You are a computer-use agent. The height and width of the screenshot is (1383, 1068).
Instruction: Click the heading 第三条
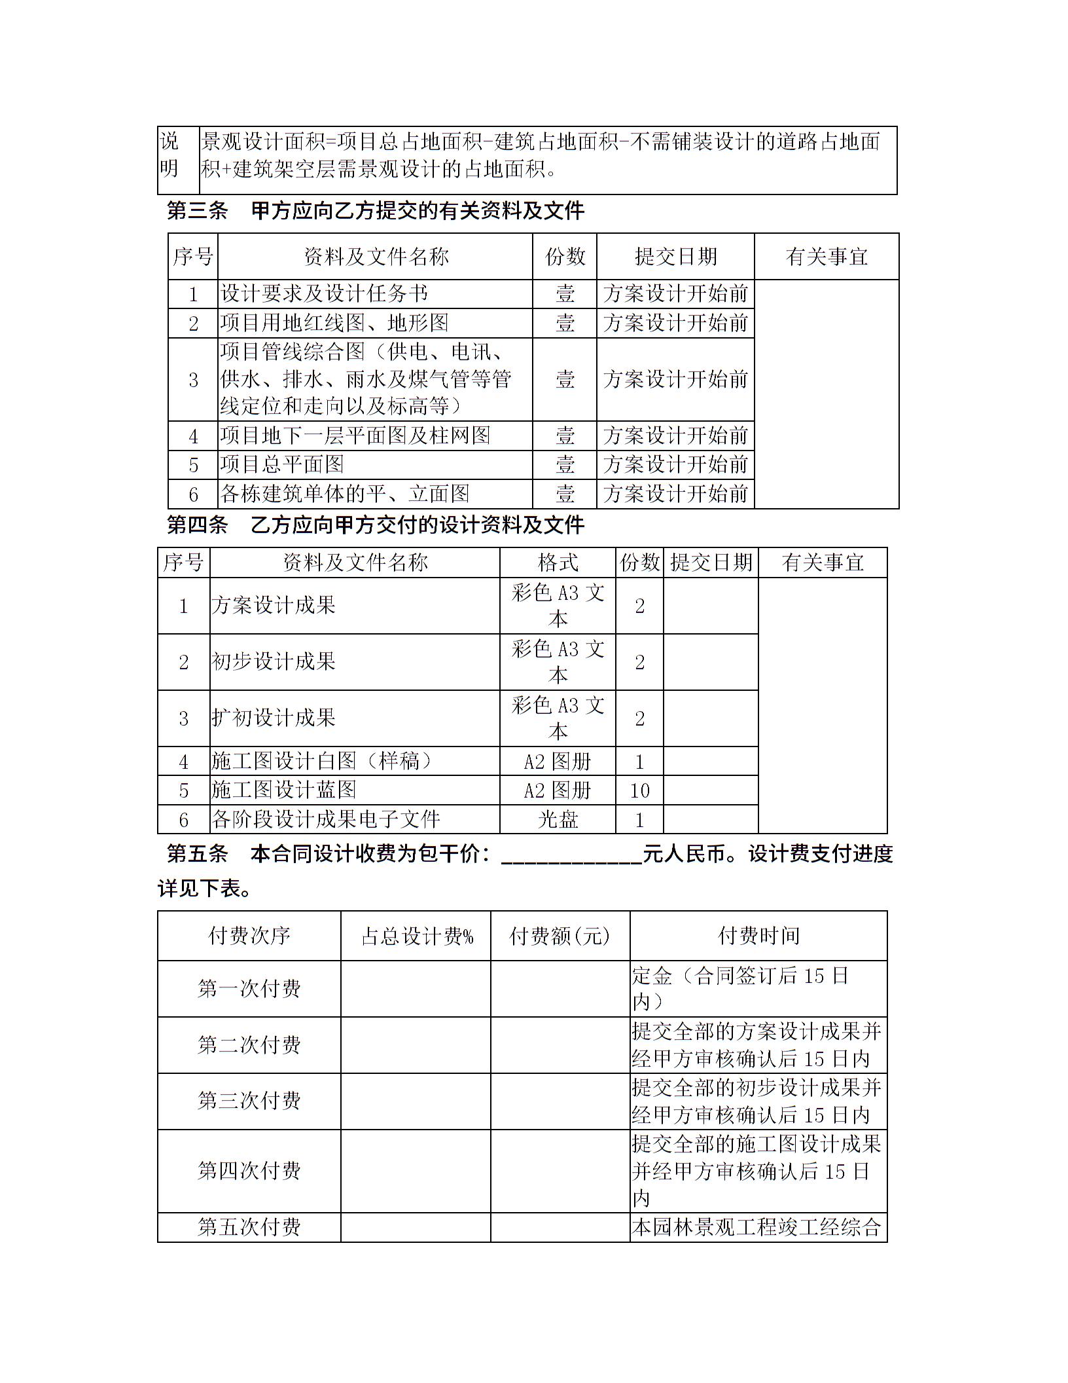(197, 211)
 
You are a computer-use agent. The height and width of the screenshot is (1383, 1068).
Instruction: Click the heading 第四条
(197, 525)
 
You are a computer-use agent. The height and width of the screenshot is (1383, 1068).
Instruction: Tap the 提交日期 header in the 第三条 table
(675, 257)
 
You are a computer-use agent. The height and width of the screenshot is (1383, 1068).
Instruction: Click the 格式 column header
(558, 562)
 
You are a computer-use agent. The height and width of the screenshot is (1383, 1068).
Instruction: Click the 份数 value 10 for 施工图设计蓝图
(639, 790)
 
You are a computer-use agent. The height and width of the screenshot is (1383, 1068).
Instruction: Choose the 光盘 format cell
(558, 819)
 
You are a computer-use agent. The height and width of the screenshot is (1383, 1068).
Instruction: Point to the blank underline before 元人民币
(571, 855)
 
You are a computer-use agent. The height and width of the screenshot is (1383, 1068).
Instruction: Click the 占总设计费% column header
(416, 936)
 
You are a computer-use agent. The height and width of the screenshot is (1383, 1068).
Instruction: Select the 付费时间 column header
(758, 936)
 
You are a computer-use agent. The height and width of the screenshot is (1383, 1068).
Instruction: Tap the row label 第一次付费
(249, 989)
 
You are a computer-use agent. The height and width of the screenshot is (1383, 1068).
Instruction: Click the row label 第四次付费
(249, 1171)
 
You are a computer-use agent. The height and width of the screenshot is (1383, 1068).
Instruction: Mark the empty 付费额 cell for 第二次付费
(560, 1045)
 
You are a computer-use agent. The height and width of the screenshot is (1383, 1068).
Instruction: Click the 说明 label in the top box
(169, 155)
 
